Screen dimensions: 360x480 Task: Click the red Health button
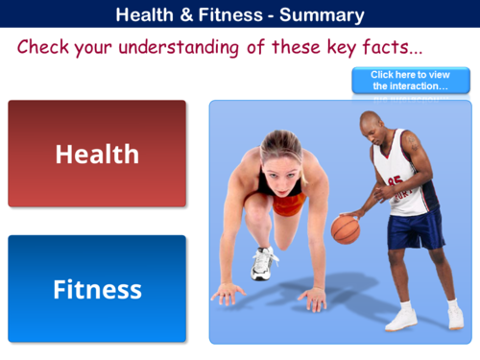(97, 154)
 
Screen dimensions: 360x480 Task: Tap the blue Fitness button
(97, 289)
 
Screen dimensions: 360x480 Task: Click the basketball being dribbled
(345, 228)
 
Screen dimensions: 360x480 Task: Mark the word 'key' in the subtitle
(327, 47)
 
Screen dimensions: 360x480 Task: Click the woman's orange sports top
(287, 204)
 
